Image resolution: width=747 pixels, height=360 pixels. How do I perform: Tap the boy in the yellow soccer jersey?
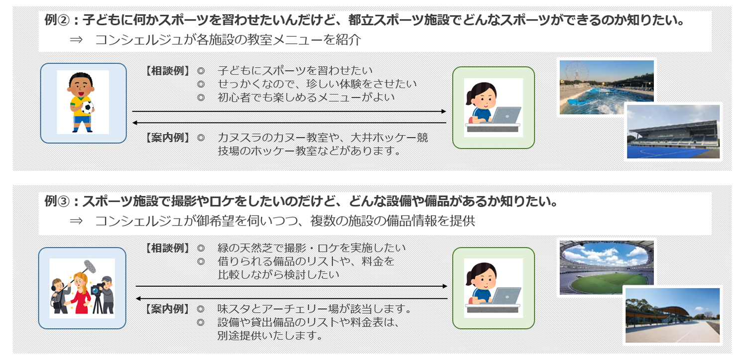[x=82, y=102]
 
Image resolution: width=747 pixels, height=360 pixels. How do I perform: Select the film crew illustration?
[x=82, y=288]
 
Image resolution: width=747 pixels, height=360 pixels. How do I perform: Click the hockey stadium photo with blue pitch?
[x=673, y=131]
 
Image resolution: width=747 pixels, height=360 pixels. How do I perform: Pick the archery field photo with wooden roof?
[x=673, y=315]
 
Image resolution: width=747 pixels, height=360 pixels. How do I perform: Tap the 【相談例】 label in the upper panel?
[x=168, y=71]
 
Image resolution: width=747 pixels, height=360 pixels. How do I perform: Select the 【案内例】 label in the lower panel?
[x=168, y=309]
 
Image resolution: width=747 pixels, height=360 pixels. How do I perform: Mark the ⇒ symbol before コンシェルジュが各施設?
[x=76, y=40]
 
